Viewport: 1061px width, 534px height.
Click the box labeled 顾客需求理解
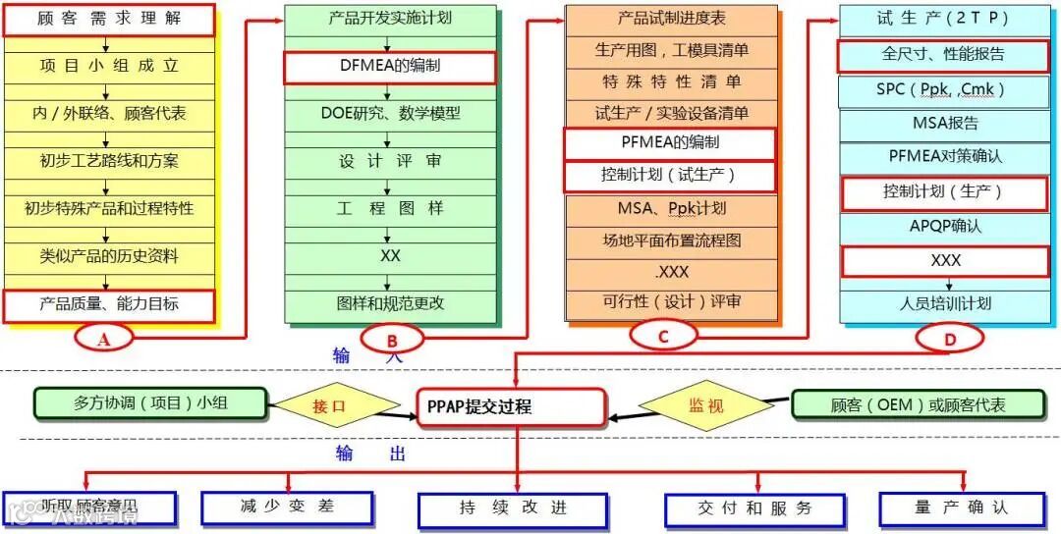click(108, 20)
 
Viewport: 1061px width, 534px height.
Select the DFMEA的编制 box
click(390, 67)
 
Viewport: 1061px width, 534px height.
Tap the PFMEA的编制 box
click(670, 143)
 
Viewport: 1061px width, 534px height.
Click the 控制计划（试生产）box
click(670, 176)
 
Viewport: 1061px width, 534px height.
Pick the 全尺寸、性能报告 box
click(942, 55)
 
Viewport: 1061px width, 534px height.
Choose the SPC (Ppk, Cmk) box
click(942, 90)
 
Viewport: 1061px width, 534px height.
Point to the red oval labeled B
click(392, 339)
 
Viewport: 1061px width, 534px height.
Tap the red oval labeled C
click(663, 337)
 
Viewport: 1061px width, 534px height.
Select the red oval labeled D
click(949, 339)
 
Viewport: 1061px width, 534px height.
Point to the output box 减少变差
click(287, 507)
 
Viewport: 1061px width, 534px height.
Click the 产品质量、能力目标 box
click(108, 305)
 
